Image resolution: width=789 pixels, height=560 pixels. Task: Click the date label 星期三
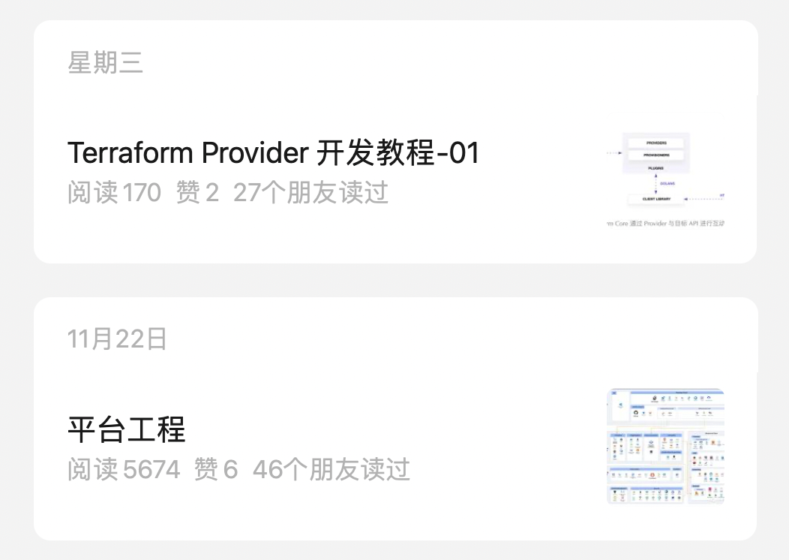[105, 63]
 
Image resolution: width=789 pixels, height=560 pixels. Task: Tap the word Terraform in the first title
[130, 153]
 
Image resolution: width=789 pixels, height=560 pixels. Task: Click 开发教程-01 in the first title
[397, 153]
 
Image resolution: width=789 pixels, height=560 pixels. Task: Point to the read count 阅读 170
[114, 193]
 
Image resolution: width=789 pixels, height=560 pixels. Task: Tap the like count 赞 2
[197, 193]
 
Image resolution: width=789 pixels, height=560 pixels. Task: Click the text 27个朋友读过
[310, 193]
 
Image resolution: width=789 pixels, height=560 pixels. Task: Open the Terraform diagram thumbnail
[665, 180]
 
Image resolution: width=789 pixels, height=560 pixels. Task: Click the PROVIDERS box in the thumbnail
[655, 143]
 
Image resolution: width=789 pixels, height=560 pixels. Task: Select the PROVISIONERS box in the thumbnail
[655, 155]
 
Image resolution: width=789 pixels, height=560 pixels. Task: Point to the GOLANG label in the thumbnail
[668, 183]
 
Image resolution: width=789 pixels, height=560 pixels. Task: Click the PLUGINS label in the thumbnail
[655, 168]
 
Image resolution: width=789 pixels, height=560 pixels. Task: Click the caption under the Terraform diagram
[665, 223]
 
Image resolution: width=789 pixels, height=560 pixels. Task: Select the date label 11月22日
[117, 339]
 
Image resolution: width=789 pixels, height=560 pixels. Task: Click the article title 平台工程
[126, 430]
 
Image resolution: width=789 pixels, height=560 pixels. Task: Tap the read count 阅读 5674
[124, 470]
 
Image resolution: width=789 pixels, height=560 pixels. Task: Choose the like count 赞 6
[216, 470]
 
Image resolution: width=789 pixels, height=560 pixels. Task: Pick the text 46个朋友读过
[331, 470]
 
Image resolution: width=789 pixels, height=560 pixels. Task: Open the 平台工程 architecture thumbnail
[665, 446]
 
